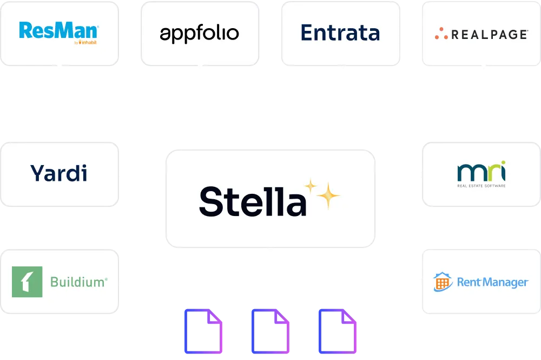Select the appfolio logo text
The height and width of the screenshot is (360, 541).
click(200, 34)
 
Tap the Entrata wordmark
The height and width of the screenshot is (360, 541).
click(340, 33)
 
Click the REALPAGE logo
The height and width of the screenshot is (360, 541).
click(481, 34)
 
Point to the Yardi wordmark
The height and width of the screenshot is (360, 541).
click(59, 173)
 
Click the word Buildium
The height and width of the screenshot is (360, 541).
click(78, 282)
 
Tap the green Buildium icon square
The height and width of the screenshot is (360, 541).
click(27, 282)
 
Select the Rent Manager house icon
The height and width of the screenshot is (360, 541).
click(443, 282)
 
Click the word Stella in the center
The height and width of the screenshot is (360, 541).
click(253, 201)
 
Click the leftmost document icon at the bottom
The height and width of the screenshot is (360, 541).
click(203, 332)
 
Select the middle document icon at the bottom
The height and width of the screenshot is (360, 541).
click(270, 332)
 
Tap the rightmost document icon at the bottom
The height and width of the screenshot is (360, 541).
click(338, 332)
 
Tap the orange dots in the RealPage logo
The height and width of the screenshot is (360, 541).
click(439, 34)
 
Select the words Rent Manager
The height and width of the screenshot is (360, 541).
click(492, 282)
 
